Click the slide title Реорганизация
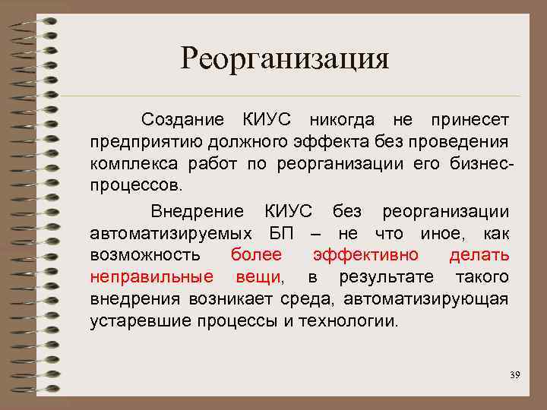point(284,58)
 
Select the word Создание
point(182,120)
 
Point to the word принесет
point(470,120)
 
